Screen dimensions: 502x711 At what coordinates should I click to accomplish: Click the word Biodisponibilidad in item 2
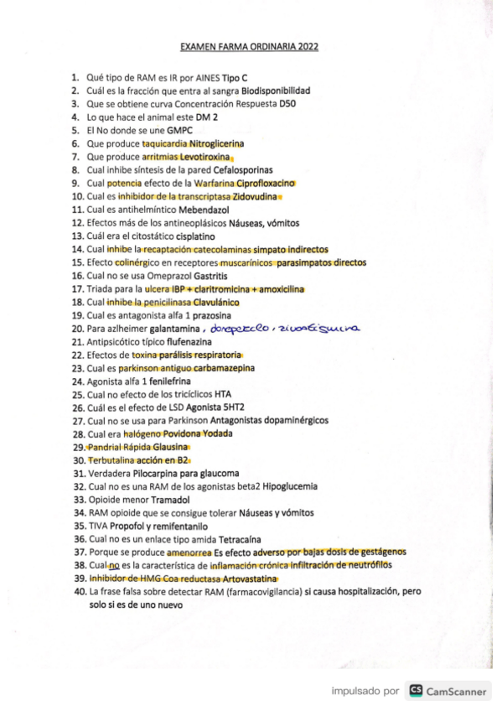276,90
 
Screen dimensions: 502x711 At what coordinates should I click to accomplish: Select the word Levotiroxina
207,158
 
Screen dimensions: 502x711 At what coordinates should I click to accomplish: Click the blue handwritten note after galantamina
285,329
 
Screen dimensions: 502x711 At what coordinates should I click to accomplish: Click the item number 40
79,592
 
